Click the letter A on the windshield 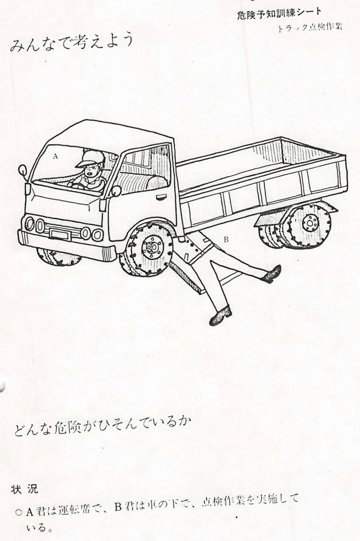click(55, 156)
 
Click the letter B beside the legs click(226, 240)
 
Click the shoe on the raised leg click(273, 274)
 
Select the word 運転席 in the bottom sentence click(76, 511)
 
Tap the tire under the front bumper click(58, 257)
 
